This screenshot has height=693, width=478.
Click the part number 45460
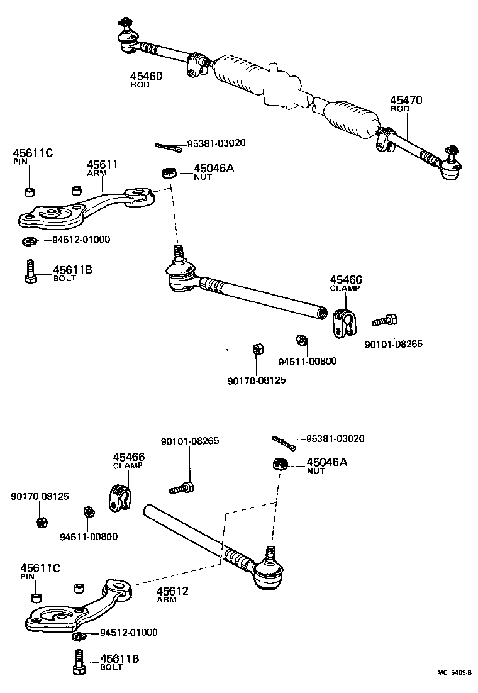[x=146, y=76]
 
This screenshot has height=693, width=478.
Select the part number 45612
[x=172, y=591]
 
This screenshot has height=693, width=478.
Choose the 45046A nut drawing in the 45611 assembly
[x=168, y=172]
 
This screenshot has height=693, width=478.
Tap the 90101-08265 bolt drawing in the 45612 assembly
[x=183, y=487]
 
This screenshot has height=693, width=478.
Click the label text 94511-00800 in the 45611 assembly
[x=308, y=361]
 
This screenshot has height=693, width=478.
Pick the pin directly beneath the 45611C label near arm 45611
[x=29, y=191]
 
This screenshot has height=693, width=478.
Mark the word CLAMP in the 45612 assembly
[x=128, y=466]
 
